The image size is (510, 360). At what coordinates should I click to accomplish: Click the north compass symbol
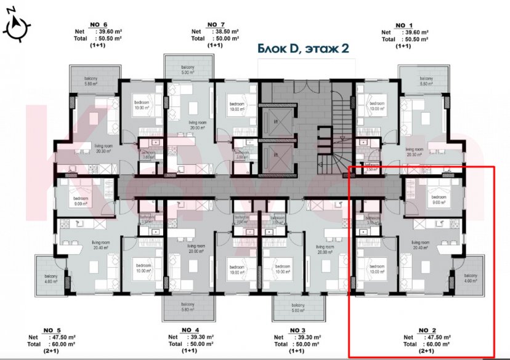point(17,26)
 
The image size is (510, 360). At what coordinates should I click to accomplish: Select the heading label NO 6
point(99,25)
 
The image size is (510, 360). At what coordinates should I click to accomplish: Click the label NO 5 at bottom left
point(52,330)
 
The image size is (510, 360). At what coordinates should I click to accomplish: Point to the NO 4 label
point(191,330)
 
